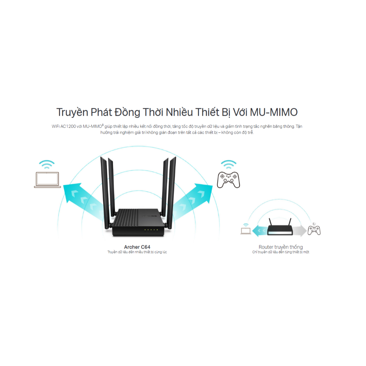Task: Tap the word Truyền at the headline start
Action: [72, 113]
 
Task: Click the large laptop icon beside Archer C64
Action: [48, 180]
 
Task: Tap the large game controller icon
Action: [228, 180]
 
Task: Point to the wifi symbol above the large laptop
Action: [47, 164]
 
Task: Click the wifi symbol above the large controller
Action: [228, 164]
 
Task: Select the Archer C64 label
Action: [137, 247]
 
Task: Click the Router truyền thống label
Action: [281, 247]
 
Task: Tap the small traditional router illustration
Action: [280, 227]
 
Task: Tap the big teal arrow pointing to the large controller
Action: [193, 202]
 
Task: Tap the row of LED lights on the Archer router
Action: [151, 230]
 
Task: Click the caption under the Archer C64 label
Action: [137, 252]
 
